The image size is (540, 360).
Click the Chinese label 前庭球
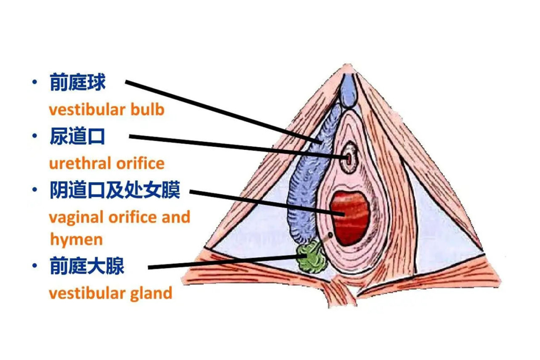pos(77,83)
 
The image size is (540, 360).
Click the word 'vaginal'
pos(76,218)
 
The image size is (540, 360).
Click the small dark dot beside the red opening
pos(330,235)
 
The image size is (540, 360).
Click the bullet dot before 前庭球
pos(34,82)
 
